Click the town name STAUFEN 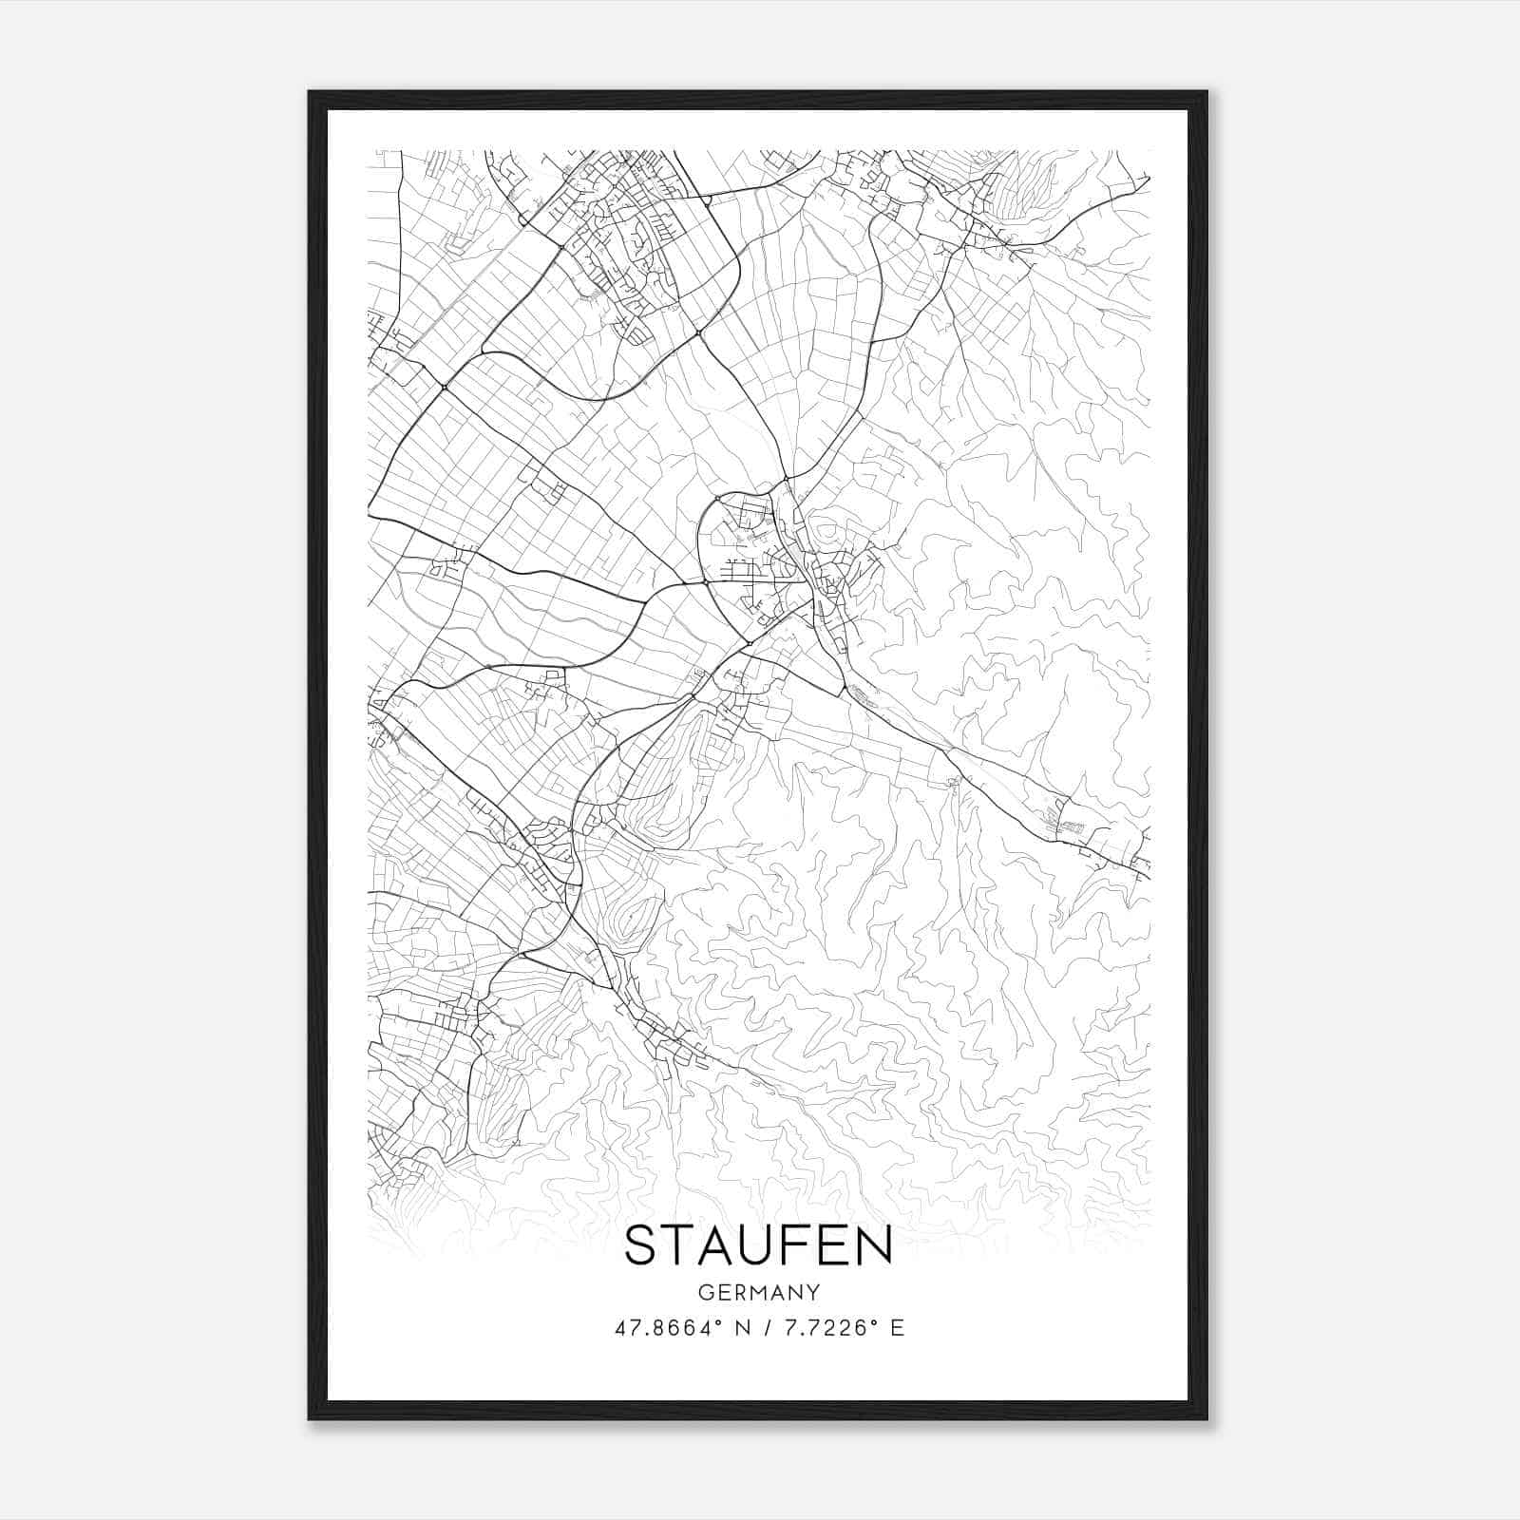(758, 1245)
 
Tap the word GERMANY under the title (758, 1292)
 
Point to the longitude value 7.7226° (825, 1327)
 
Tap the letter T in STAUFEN (678, 1245)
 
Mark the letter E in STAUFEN (833, 1245)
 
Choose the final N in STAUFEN (875, 1245)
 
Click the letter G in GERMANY (704, 1292)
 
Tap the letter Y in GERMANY (813, 1292)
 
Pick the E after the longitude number (897, 1327)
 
